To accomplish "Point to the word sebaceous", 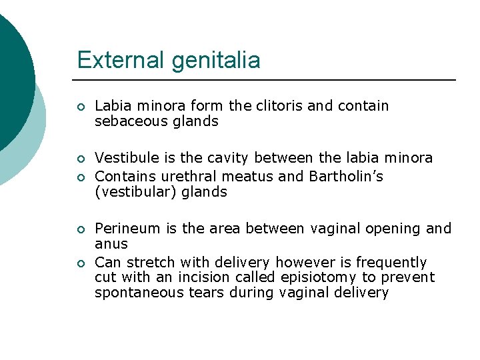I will [x=127, y=121].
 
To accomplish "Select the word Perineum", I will [x=127, y=229].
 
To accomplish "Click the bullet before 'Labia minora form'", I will [x=80, y=107].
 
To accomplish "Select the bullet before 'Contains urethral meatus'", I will [x=80, y=177].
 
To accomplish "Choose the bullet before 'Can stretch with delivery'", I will [x=80, y=263].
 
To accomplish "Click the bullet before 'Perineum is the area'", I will [x=80, y=229].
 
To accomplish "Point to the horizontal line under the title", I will [x=267, y=80].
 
